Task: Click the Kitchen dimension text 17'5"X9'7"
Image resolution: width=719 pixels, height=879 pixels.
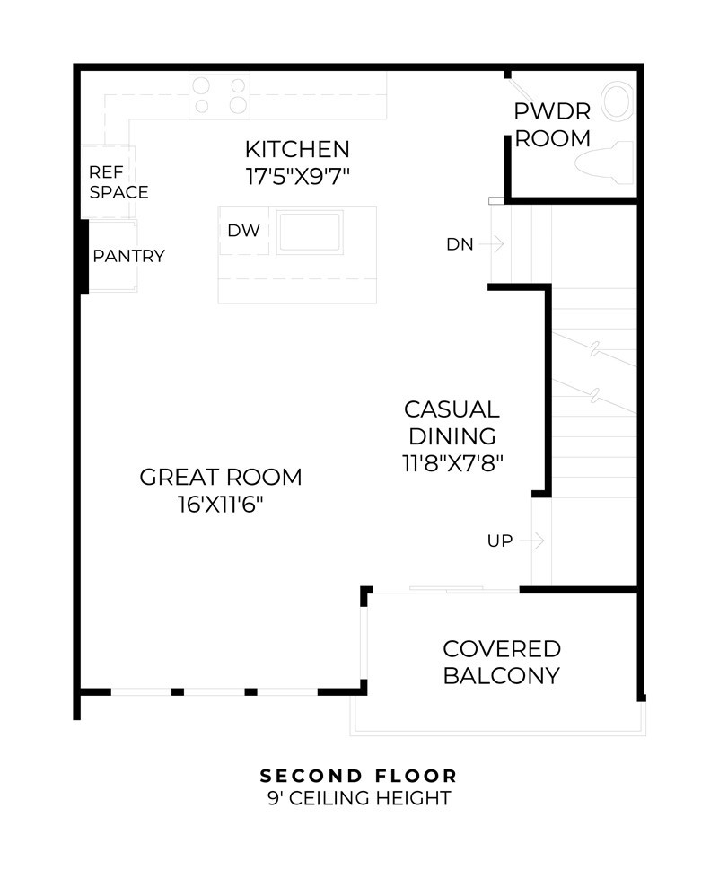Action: pos(298,176)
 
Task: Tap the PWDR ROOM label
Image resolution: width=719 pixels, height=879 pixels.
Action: pos(553,125)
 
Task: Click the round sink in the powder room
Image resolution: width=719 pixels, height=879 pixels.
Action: pos(618,101)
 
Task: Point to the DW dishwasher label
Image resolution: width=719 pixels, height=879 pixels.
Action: pos(244,231)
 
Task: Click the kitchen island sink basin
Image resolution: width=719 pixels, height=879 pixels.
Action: pos(310,232)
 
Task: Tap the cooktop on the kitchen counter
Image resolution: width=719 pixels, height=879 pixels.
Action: pos(219,95)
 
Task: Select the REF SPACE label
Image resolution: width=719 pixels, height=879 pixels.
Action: pos(118,182)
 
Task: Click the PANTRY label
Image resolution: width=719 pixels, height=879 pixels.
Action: pos(129,256)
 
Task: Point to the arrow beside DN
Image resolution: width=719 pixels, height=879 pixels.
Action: pos(492,244)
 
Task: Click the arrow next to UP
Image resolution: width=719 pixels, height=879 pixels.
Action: pos(531,541)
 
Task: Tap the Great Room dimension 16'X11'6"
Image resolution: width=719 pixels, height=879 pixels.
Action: pos(221,505)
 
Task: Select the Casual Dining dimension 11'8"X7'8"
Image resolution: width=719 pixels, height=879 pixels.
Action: pos(452,463)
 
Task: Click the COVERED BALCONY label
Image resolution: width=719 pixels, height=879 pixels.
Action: pos(502,662)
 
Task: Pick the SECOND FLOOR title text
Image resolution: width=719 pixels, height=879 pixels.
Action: pos(359,776)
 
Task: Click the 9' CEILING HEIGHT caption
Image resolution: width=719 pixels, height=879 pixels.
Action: pos(359,797)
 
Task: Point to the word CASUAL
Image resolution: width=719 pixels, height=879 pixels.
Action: pos(452,409)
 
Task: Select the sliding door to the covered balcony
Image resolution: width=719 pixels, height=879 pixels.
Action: pos(447,589)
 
